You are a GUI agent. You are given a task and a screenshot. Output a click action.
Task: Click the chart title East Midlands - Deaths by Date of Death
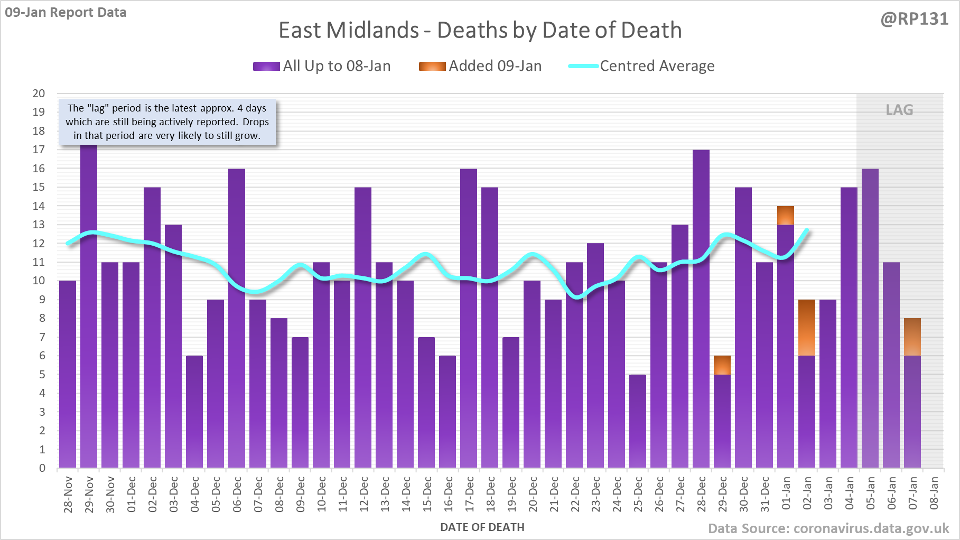pyautogui.click(x=480, y=30)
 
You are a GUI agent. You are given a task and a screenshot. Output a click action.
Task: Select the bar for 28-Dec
pyautogui.click(x=701, y=309)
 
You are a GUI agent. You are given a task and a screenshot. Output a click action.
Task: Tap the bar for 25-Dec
pyautogui.click(x=638, y=421)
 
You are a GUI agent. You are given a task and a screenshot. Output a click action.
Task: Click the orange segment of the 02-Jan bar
pyautogui.click(x=807, y=328)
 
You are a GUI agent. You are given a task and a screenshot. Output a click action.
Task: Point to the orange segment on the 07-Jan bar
pyautogui.click(x=912, y=337)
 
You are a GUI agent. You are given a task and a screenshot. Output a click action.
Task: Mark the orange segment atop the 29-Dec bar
pyautogui.click(x=722, y=365)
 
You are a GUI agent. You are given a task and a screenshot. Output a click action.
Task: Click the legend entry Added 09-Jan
pyautogui.click(x=480, y=66)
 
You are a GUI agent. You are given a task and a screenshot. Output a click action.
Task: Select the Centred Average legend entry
pyautogui.click(x=641, y=66)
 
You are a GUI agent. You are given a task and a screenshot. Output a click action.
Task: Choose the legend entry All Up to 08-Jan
pyautogui.click(x=322, y=66)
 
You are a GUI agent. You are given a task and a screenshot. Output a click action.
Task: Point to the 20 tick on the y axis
pyautogui.click(x=39, y=94)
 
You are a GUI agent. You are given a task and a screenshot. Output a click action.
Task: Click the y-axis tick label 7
pyautogui.click(x=42, y=337)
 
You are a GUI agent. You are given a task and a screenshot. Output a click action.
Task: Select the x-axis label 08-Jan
pyautogui.click(x=934, y=494)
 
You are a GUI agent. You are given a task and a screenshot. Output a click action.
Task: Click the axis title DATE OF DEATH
pyautogui.click(x=482, y=527)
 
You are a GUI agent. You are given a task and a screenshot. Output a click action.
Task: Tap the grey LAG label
pyautogui.click(x=899, y=110)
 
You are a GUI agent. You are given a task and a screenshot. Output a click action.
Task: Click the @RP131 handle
pyautogui.click(x=914, y=19)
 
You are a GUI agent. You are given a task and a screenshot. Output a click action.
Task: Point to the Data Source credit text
pyautogui.click(x=828, y=528)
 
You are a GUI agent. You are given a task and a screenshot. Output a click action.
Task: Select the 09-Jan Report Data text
pyautogui.click(x=66, y=12)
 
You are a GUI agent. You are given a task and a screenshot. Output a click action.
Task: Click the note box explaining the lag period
pyautogui.click(x=167, y=122)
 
